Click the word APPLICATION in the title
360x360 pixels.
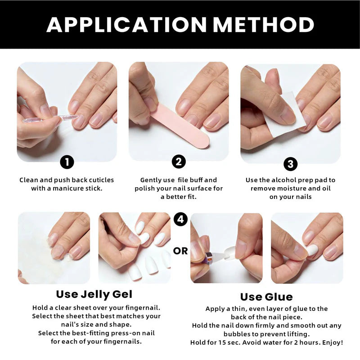click(126, 24)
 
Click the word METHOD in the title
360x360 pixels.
click(264, 24)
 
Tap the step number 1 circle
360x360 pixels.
click(67, 162)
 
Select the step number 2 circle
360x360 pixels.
click(179, 162)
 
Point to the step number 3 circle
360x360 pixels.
click(290, 164)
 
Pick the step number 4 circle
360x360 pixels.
click(180, 219)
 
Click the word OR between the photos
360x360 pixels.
click(180, 251)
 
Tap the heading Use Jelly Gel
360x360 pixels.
click(94, 294)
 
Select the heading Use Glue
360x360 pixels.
click(266, 297)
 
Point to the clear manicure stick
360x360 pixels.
click(50, 118)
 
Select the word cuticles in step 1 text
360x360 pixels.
click(101, 180)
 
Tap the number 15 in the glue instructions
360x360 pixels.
click(222, 342)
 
